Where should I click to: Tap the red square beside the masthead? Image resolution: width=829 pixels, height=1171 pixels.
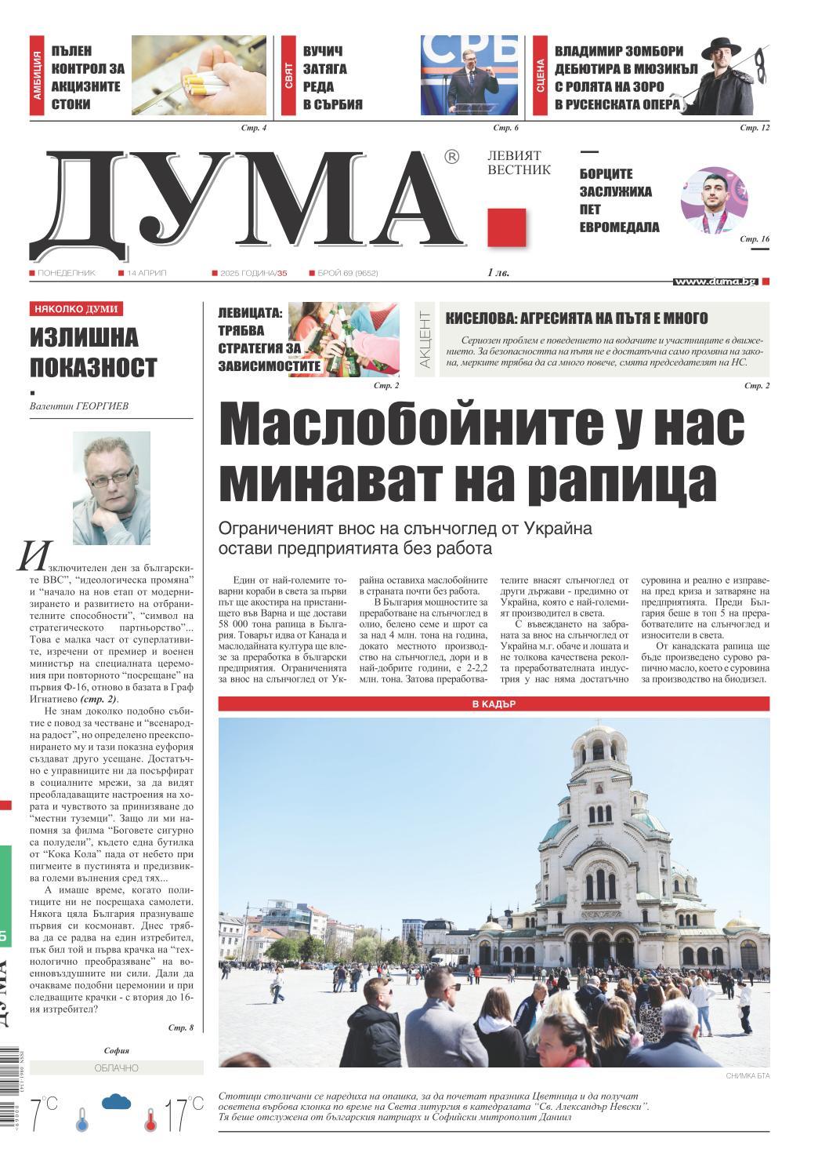click(506, 228)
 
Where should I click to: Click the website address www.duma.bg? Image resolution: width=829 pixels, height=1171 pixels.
click(715, 281)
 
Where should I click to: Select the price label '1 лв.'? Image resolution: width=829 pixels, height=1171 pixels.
click(499, 273)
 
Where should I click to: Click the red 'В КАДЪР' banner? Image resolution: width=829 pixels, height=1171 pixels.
click(494, 704)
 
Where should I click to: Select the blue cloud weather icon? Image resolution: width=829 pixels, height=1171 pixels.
click(116, 1102)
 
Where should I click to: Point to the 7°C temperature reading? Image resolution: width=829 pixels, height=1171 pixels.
click(43, 1115)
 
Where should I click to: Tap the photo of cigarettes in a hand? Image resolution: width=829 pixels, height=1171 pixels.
click(201, 76)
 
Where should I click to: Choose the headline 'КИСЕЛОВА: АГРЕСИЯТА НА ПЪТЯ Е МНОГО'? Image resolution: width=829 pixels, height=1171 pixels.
click(577, 318)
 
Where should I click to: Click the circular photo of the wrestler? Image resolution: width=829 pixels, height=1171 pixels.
click(714, 200)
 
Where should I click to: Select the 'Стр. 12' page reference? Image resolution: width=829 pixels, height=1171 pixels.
click(755, 127)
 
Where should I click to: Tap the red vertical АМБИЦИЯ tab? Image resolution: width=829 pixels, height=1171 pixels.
click(37, 76)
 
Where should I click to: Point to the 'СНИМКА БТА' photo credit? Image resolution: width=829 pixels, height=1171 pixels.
click(748, 1075)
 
